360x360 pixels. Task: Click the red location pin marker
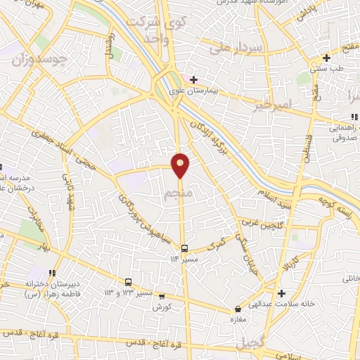181,164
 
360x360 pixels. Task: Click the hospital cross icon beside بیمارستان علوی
193,79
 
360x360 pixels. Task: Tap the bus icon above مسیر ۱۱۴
184,248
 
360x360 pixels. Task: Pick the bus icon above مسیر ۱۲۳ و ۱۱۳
128,281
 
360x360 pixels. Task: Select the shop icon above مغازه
238,309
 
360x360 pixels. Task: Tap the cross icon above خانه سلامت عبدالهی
281,292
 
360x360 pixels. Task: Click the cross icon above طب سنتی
326,58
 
